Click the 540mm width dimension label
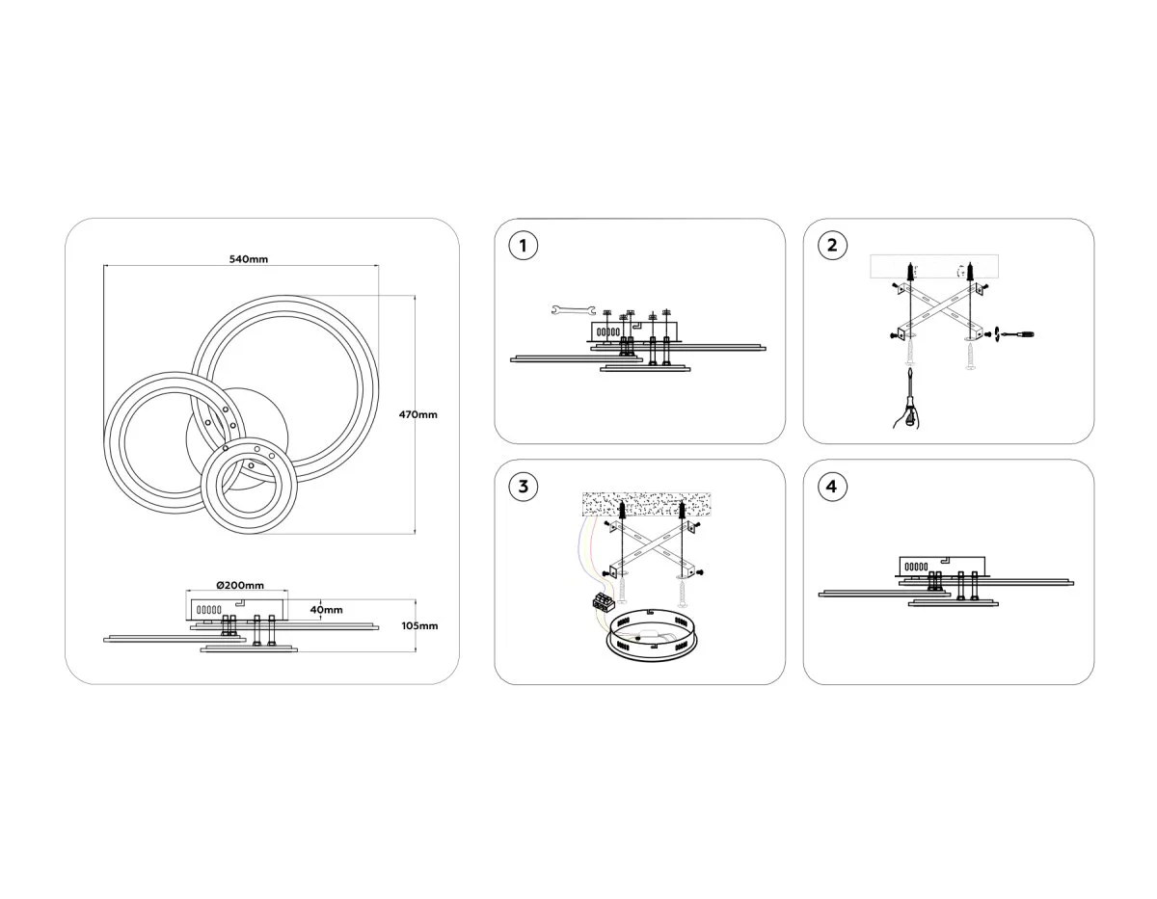249,259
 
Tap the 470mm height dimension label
418,414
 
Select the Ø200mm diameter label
240,585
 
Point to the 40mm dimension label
327,610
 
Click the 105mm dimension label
419,625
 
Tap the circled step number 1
523,246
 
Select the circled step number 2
832,246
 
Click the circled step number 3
523,487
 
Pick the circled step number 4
832,487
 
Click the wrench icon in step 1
573,309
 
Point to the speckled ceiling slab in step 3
646,504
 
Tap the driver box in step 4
942,566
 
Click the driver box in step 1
633,331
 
